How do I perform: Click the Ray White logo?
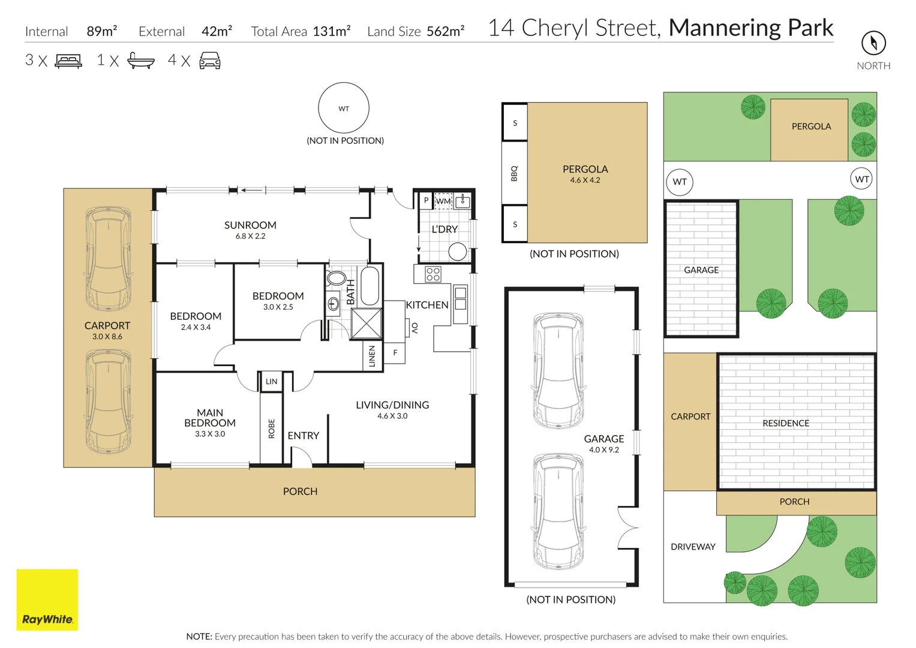pyautogui.click(x=47, y=599)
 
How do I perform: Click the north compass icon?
pyautogui.click(x=873, y=43)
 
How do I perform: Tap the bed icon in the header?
pyautogui.click(x=68, y=61)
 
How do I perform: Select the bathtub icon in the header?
pyautogui.click(x=141, y=61)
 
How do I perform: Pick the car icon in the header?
pyautogui.click(x=210, y=61)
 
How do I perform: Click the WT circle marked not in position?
pyautogui.click(x=344, y=108)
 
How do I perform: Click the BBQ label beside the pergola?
pyautogui.click(x=514, y=173)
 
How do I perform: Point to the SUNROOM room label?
pyautogui.click(x=250, y=225)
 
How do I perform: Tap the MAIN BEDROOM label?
pyautogui.click(x=210, y=418)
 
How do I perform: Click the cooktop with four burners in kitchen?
pyautogui.click(x=433, y=274)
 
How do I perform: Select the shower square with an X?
pyautogui.click(x=366, y=324)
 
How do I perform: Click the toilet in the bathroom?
pyautogui.click(x=337, y=278)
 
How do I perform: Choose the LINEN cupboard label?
pyautogui.click(x=373, y=356)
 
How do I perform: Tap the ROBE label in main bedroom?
pyautogui.click(x=271, y=428)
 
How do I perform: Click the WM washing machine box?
pyautogui.click(x=443, y=201)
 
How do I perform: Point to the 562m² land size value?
pyautogui.click(x=445, y=31)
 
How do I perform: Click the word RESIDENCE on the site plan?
pyautogui.click(x=786, y=423)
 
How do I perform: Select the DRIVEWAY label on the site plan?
pyautogui.click(x=693, y=547)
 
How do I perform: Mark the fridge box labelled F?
pyautogui.click(x=395, y=353)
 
